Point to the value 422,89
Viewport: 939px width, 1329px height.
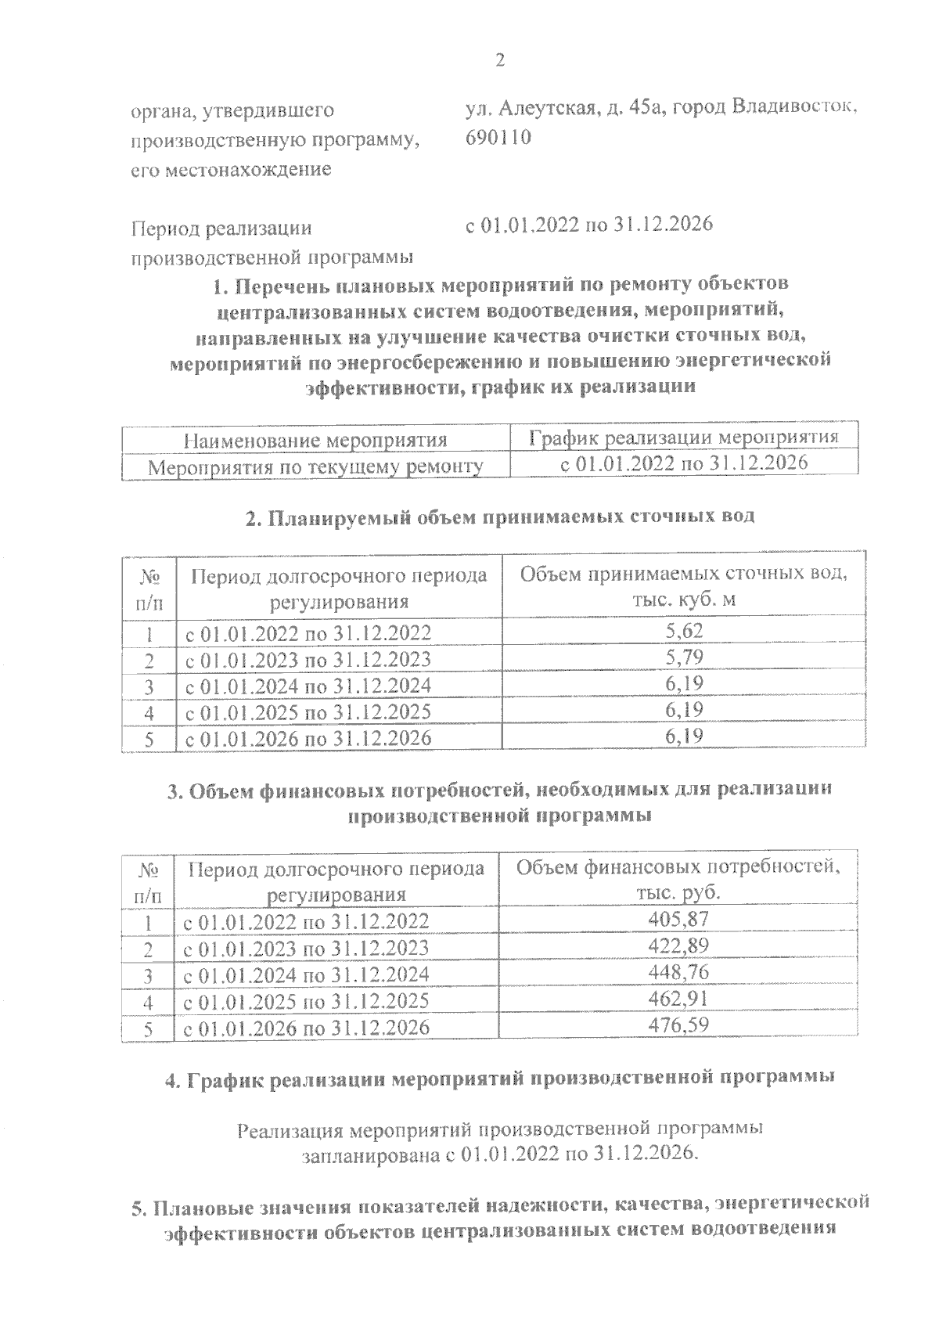(x=678, y=946)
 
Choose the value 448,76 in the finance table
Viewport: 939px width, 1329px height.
(x=678, y=973)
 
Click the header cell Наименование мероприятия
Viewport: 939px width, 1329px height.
(x=315, y=440)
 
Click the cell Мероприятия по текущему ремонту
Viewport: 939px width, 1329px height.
(x=315, y=467)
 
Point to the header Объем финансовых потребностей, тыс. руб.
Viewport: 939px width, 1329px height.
(x=678, y=880)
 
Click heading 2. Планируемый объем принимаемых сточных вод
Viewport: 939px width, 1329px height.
(x=500, y=517)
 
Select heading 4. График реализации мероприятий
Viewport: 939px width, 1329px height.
(x=500, y=1079)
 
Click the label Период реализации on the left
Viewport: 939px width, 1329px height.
(x=221, y=229)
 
